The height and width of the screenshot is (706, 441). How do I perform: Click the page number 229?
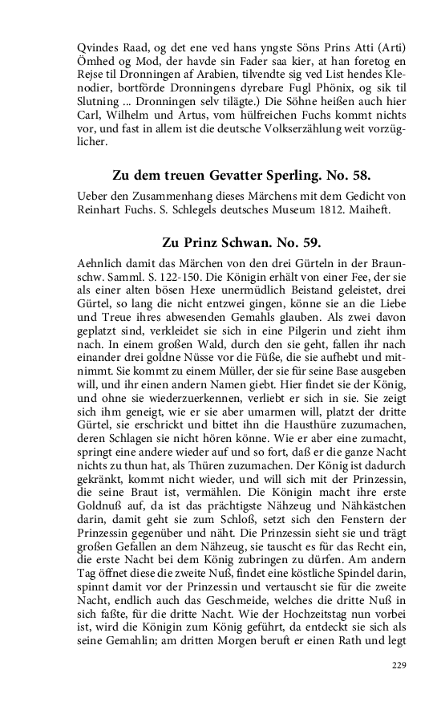(399, 665)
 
